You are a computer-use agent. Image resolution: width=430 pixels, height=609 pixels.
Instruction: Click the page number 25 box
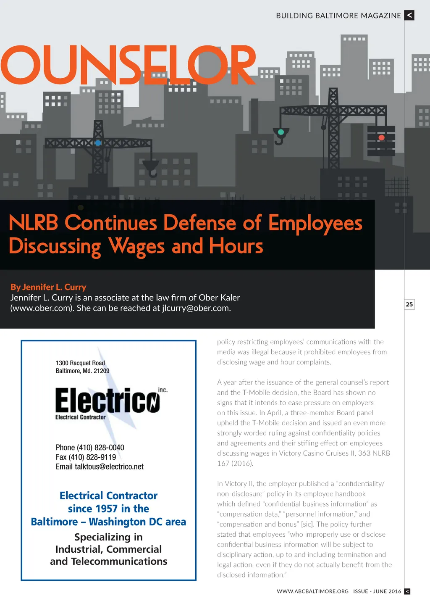click(409, 304)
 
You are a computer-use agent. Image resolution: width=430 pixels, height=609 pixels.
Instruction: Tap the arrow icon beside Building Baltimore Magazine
click(409, 16)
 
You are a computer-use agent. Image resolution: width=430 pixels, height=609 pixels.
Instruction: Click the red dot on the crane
click(381, 137)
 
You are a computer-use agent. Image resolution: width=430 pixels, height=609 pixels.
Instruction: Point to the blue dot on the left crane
click(98, 143)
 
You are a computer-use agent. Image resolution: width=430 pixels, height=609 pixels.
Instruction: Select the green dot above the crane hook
click(281, 132)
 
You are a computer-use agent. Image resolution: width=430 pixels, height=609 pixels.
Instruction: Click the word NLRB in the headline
click(33, 223)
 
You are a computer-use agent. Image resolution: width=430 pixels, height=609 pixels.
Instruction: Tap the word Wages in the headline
click(136, 246)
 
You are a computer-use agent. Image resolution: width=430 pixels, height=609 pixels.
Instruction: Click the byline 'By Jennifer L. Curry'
click(48, 287)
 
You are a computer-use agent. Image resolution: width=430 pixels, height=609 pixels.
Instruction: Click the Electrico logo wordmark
click(107, 401)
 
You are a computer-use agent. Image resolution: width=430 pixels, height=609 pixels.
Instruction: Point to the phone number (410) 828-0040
click(100, 448)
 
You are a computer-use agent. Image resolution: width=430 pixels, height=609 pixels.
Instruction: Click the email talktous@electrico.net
click(109, 467)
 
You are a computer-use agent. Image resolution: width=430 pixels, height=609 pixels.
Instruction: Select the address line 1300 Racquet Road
click(80, 363)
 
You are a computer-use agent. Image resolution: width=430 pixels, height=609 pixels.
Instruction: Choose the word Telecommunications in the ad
click(119, 562)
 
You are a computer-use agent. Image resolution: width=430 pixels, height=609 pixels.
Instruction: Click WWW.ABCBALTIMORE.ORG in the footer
click(312, 591)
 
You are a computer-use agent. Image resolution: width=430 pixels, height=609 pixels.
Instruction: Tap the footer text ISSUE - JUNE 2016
click(377, 591)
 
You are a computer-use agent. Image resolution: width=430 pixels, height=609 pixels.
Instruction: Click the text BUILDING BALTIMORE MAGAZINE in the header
click(338, 16)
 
